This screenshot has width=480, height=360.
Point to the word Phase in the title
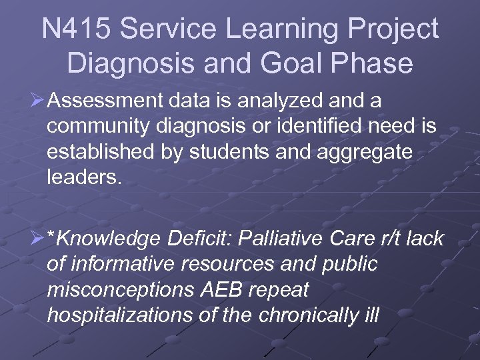(x=373, y=63)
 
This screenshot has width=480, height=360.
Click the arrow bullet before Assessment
(x=37, y=101)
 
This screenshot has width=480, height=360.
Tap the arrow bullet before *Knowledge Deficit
(x=37, y=239)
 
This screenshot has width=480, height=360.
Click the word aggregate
(x=361, y=152)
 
